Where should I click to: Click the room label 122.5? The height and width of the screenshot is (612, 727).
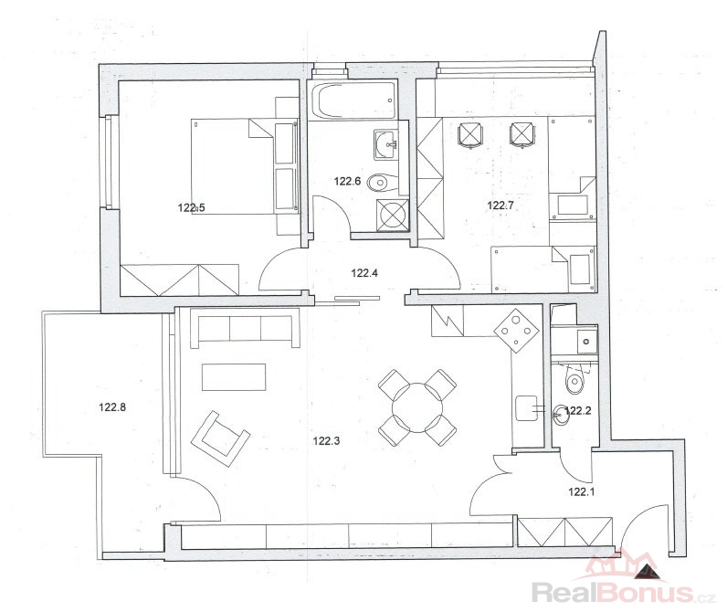[x=191, y=207]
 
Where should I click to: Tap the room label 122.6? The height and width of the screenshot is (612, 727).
[x=347, y=181]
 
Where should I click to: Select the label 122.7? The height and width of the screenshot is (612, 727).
[x=500, y=205]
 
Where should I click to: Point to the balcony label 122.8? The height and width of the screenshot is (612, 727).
[x=112, y=407]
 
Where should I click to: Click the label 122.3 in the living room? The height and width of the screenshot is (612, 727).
[x=326, y=440]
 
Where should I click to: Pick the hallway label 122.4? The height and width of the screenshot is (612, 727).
[x=364, y=273]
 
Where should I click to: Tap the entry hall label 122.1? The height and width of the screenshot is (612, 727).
[x=582, y=491]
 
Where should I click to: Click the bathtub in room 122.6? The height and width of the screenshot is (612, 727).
[x=354, y=101]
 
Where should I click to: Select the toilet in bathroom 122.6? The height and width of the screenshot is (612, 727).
[x=383, y=182]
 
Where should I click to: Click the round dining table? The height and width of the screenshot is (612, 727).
[x=417, y=408]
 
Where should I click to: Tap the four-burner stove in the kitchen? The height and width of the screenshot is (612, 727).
[x=517, y=331]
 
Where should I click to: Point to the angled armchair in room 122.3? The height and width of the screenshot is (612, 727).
[x=220, y=438]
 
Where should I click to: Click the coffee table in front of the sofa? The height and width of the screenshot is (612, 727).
[x=234, y=377]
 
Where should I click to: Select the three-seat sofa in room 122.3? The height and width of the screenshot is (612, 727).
[x=245, y=331]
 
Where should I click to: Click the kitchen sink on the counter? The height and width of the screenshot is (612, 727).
[x=526, y=408]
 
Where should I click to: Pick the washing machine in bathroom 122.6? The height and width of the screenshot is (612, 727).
[x=392, y=215]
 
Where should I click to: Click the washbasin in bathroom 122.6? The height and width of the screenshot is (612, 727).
[x=385, y=144]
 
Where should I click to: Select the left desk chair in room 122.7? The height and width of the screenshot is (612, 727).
[x=470, y=134]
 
